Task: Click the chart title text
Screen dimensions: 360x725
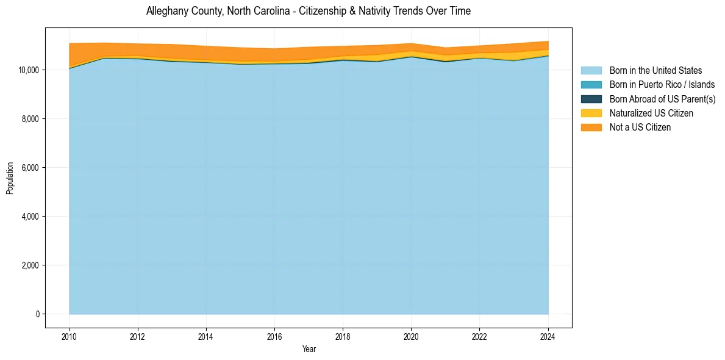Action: pos(309,12)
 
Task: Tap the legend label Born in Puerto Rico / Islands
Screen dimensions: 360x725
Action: pos(662,85)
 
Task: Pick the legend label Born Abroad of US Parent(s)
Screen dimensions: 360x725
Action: pos(662,99)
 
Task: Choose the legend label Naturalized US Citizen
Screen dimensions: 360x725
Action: pos(651,113)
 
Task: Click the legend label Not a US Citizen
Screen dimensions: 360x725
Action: pos(640,128)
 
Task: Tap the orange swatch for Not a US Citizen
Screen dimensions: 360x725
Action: pos(591,128)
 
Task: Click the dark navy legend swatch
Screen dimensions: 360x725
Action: pos(591,99)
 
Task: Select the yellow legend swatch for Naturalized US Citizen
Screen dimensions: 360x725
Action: pos(591,113)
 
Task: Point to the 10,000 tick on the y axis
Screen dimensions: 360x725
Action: pos(29,70)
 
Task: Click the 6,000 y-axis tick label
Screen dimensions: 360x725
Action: pos(31,168)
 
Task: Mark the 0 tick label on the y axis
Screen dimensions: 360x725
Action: pos(38,314)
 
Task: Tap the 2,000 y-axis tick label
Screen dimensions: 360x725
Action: pos(31,265)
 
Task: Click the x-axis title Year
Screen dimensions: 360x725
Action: pos(309,349)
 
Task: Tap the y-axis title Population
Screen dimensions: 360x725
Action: pos(10,178)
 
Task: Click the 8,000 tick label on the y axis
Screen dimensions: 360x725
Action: pos(31,119)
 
